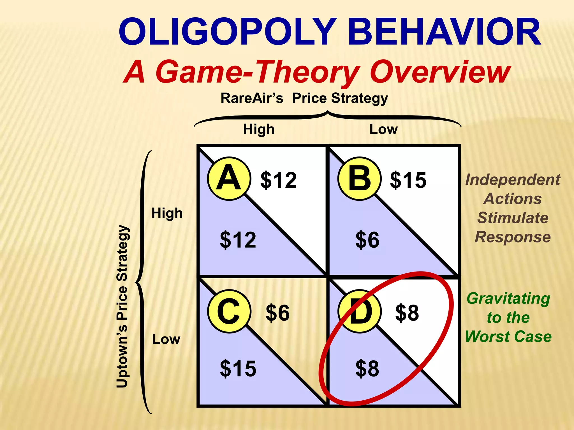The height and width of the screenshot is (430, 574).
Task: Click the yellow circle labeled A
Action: pos(229,179)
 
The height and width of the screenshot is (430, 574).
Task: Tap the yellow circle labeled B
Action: pos(360,179)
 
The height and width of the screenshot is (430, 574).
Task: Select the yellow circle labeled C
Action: pos(229,311)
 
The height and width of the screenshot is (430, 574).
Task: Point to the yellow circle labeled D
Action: pos(360,311)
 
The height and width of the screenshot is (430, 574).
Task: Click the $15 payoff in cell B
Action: pos(408,180)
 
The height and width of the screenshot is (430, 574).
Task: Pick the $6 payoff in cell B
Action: pos(367,240)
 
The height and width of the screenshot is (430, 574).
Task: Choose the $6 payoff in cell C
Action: pos(277,313)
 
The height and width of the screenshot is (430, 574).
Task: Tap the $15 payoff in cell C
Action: pos(238,369)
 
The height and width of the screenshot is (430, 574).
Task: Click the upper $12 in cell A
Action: pos(278,180)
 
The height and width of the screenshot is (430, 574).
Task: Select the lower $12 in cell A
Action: pos(238,240)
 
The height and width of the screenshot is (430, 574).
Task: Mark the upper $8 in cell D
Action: pos(407,313)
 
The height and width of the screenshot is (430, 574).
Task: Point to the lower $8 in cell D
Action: pos(367,369)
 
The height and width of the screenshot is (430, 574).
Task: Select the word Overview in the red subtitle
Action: pos(440,72)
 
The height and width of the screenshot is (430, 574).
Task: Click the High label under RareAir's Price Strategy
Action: pos(259,129)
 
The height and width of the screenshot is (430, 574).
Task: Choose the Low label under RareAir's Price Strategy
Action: pos(383,129)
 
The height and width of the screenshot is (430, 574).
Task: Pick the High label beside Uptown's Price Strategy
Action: pos(167,213)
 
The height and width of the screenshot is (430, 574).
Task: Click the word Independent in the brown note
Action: pos(513,180)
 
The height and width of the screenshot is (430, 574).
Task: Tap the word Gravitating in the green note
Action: pos(508,298)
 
